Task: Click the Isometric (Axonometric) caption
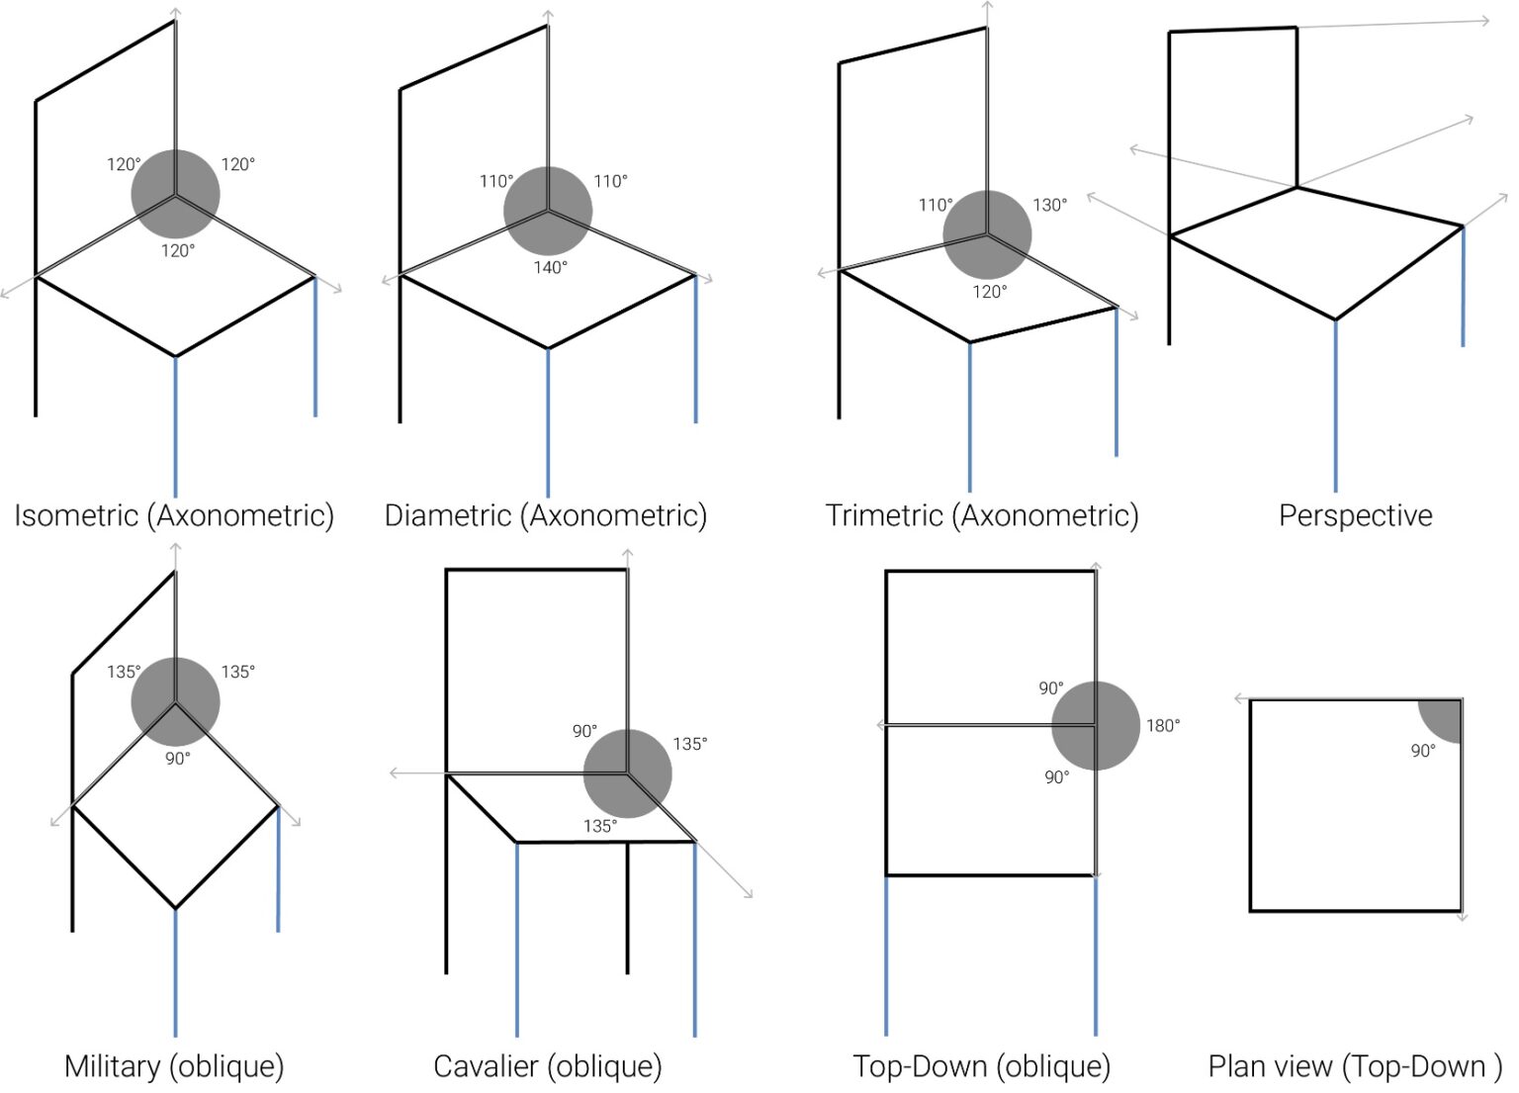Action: [x=174, y=515]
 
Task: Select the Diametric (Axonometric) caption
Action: [x=545, y=515]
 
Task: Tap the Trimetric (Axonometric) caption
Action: [x=982, y=515]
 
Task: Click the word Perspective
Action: [x=1355, y=515]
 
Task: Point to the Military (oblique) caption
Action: [x=174, y=1066]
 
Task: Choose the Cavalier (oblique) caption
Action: [x=547, y=1066]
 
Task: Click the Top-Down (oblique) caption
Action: [x=981, y=1066]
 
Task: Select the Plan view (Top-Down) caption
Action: [x=1354, y=1066]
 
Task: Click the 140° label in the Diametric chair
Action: [x=550, y=267]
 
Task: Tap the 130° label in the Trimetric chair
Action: [x=1050, y=205]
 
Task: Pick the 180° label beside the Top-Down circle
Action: [x=1163, y=725]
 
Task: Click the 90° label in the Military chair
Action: [x=178, y=759]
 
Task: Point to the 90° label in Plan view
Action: [x=1423, y=751]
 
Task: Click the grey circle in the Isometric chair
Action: [x=176, y=194]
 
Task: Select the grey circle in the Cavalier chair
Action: [x=627, y=774]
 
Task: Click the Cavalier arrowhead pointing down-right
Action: [x=749, y=893]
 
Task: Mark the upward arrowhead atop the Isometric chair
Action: [x=176, y=11]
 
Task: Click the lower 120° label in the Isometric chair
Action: [x=178, y=250]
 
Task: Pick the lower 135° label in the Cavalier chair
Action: [x=599, y=826]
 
